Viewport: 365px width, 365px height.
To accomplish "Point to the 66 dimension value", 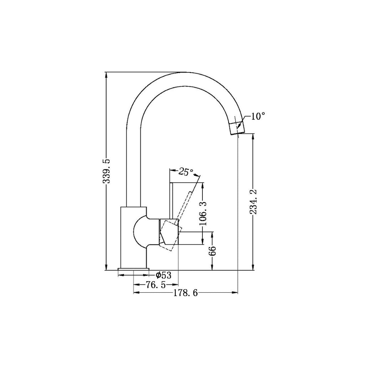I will click(212, 251).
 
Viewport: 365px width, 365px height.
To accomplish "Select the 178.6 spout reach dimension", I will click(185, 293).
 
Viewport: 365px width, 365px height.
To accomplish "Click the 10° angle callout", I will click(258, 117).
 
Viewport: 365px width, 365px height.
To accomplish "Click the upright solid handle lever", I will click(172, 200).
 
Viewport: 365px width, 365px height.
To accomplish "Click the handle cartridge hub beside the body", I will click(168, 232).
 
